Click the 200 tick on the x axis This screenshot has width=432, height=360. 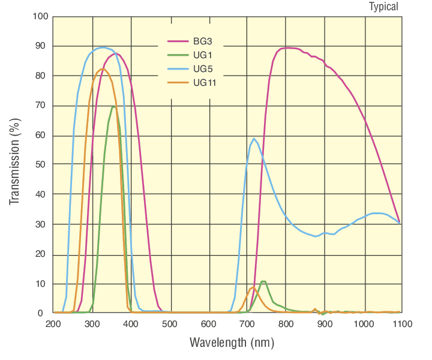pos(53,325)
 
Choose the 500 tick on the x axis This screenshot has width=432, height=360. pos(170,325)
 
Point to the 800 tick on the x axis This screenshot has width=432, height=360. pos(286,325)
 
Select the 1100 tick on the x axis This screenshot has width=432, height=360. pos(401,325)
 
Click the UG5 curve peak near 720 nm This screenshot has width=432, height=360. pos(254,139)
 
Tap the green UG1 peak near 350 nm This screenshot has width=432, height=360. pos(113,107)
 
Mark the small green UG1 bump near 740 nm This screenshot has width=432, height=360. pos(263,281)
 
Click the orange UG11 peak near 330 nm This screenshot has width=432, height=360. pos(103,68)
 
